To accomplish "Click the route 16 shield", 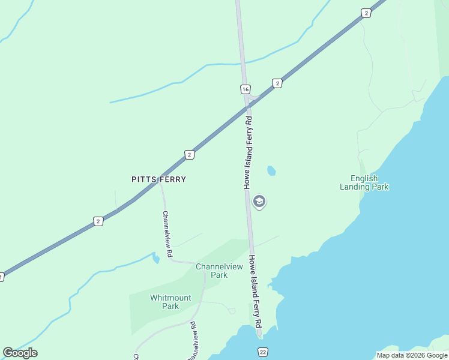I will click(x=245, y=89).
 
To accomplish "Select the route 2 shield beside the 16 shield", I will click(x=277, y=83).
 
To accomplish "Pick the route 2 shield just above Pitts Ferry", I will click(x=190, y=155).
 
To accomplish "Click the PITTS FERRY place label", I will click(x=158, y=179).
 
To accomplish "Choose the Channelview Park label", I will click(x=219, y=271).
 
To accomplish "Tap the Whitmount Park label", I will click(x=170, y=302).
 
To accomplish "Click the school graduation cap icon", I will click(x=259, y=202).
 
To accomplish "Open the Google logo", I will click(x=20, y=353).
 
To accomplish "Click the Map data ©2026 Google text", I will click(x=412, y=355).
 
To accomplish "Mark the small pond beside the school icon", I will click(x=271, y=171).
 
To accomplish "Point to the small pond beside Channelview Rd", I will click(x=156, y=258).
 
